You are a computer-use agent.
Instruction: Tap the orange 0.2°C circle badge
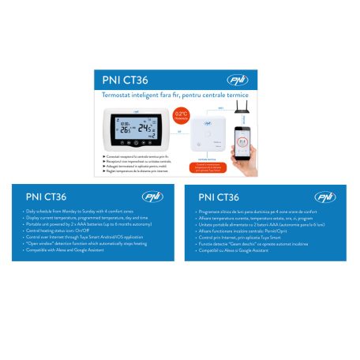[x=182, y=114]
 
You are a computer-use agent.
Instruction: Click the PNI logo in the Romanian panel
[x=324, y=197]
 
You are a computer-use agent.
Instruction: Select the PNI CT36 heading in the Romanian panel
[x=219, y=197]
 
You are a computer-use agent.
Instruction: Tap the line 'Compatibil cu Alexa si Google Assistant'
[x=240, y=252]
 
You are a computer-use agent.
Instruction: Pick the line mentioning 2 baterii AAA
[x=253, y=225]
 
